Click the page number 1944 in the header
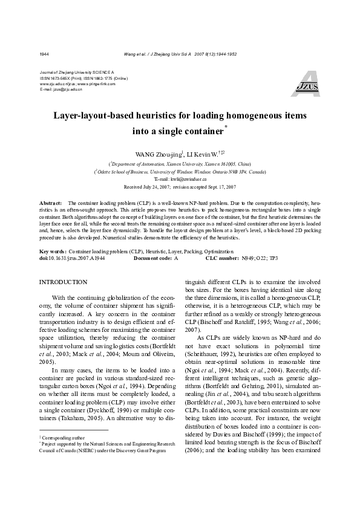click(x=44, y=54)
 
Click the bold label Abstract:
click(x=50, y=203)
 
